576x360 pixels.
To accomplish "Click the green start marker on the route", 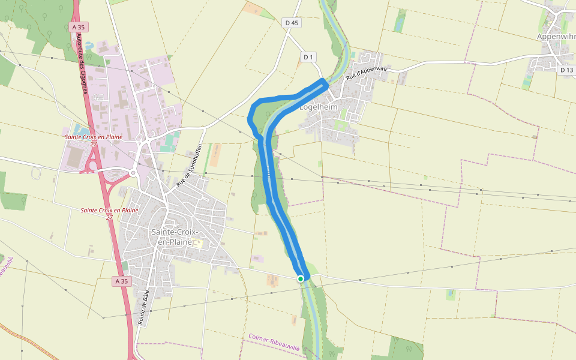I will [301, 278].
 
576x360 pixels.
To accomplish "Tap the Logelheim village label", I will [319, 107].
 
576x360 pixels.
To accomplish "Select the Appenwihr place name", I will [556, 37].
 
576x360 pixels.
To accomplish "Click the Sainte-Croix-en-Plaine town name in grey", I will [172, 236].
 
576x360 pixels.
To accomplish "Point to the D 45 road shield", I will [292, 23].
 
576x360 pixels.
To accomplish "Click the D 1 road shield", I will [308, 57].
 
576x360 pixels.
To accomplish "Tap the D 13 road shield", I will [566, 70].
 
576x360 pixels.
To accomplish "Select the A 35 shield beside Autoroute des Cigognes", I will [79, 27].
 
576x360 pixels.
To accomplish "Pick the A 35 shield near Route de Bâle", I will [121, 281].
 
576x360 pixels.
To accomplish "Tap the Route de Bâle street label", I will [143, 307].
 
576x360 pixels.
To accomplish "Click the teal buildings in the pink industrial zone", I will [170, 142].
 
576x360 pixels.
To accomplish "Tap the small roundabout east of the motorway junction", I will [133, 173].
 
